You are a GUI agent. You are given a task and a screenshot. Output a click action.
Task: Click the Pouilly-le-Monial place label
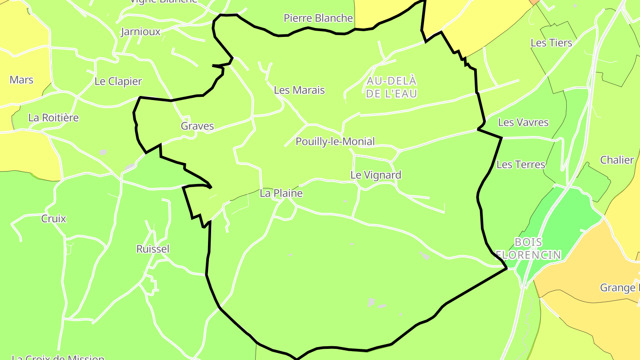335,142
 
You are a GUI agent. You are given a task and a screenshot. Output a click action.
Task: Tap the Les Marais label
299,90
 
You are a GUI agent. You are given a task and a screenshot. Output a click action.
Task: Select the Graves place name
197,126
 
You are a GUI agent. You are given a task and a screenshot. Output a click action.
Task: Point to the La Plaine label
281,193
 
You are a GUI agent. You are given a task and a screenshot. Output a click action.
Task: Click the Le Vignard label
376,175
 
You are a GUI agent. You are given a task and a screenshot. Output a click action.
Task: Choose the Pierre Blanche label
318,18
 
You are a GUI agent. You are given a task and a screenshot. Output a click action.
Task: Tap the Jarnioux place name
140,32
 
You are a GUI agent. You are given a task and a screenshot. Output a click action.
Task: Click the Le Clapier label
118,82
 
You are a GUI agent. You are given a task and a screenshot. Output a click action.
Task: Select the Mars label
21,80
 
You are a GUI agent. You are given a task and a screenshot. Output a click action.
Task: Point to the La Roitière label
53,118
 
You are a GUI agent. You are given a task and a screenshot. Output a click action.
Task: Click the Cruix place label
53,219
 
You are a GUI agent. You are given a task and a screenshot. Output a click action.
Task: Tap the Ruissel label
153,249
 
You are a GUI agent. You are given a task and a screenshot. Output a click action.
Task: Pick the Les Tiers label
551,43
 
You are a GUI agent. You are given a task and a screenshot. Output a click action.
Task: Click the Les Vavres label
523,123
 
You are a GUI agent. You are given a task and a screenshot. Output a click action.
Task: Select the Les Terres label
520,165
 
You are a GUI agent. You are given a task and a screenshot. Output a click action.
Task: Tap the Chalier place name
617,160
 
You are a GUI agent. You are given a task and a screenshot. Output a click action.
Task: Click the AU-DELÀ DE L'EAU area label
391,88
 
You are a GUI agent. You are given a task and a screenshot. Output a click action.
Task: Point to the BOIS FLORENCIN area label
528,248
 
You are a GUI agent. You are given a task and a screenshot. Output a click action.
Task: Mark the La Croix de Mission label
58,357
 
